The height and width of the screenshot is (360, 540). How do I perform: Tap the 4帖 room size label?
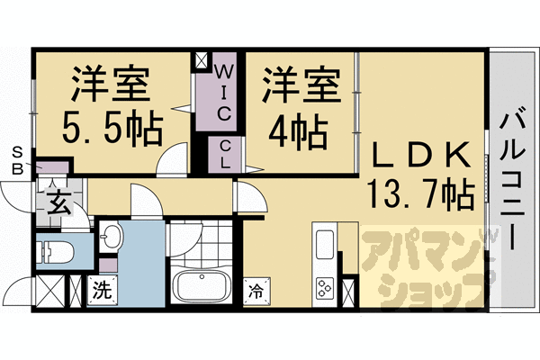click(298, 131)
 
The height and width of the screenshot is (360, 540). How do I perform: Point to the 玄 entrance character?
click(58, 202)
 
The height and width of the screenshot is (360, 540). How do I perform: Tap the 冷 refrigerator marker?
click(256, 291)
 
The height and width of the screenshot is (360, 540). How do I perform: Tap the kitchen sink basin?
click(324, 244)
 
